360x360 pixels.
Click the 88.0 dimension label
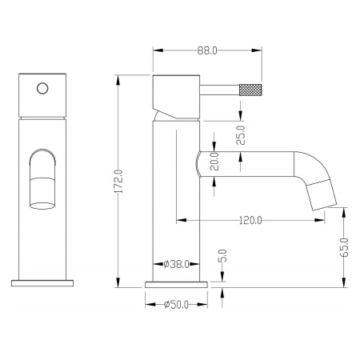[x=207, y=50]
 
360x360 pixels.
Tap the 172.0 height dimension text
[x=118, y=182]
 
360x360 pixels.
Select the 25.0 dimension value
[x=241, y=135]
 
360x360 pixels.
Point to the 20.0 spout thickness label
[x=214, y=162]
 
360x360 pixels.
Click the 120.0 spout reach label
[x=250, y=220]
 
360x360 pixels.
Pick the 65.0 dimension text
[x=344, y=247]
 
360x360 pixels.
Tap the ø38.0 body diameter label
[x=176, y=264]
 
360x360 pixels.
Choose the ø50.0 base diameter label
[x=176, y=304]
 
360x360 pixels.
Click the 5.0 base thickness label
[x=222, y=256]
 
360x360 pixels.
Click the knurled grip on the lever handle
[x=250, y=90]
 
